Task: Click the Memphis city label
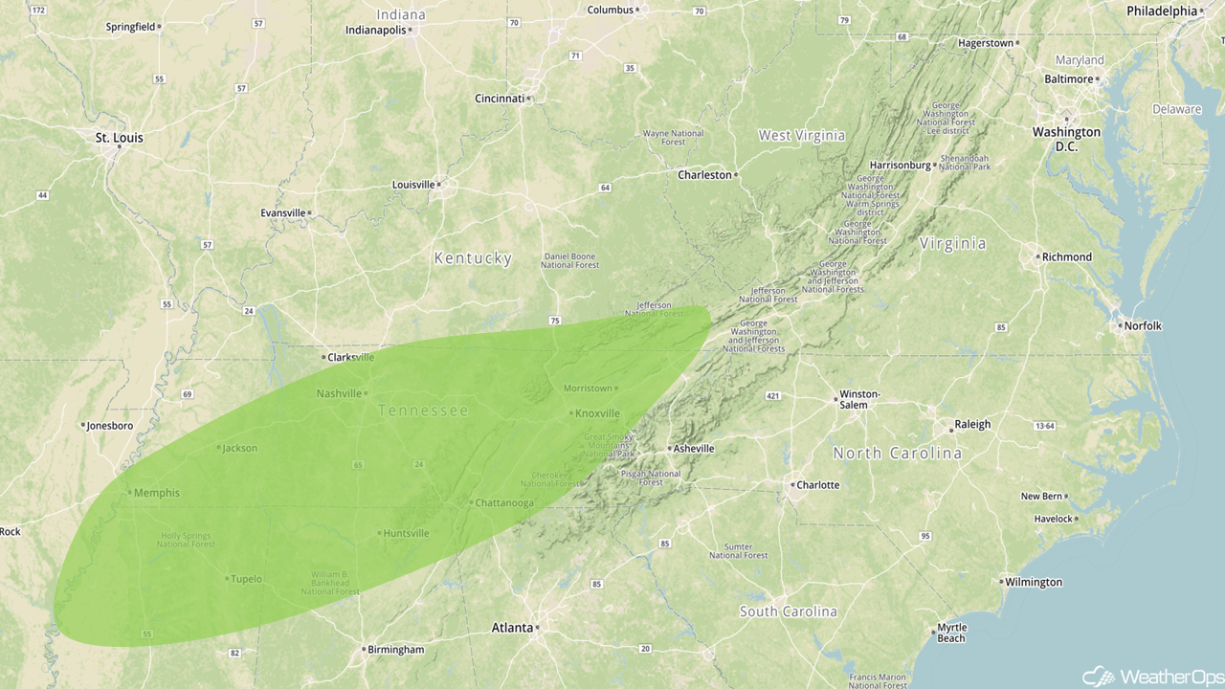156,493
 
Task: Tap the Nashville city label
339,393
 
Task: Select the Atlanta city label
512,628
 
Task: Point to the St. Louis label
119,138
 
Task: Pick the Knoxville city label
597,413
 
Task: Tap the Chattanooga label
504,502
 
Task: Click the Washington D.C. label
1066,139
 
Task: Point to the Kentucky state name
473,258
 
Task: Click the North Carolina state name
897,453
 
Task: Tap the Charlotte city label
817,485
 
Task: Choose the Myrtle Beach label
951,633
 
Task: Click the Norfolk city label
1143,325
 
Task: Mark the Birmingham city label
396,650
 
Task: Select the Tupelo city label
246,579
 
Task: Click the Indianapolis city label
375,30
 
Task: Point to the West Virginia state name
802,136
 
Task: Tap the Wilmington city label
1034,582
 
